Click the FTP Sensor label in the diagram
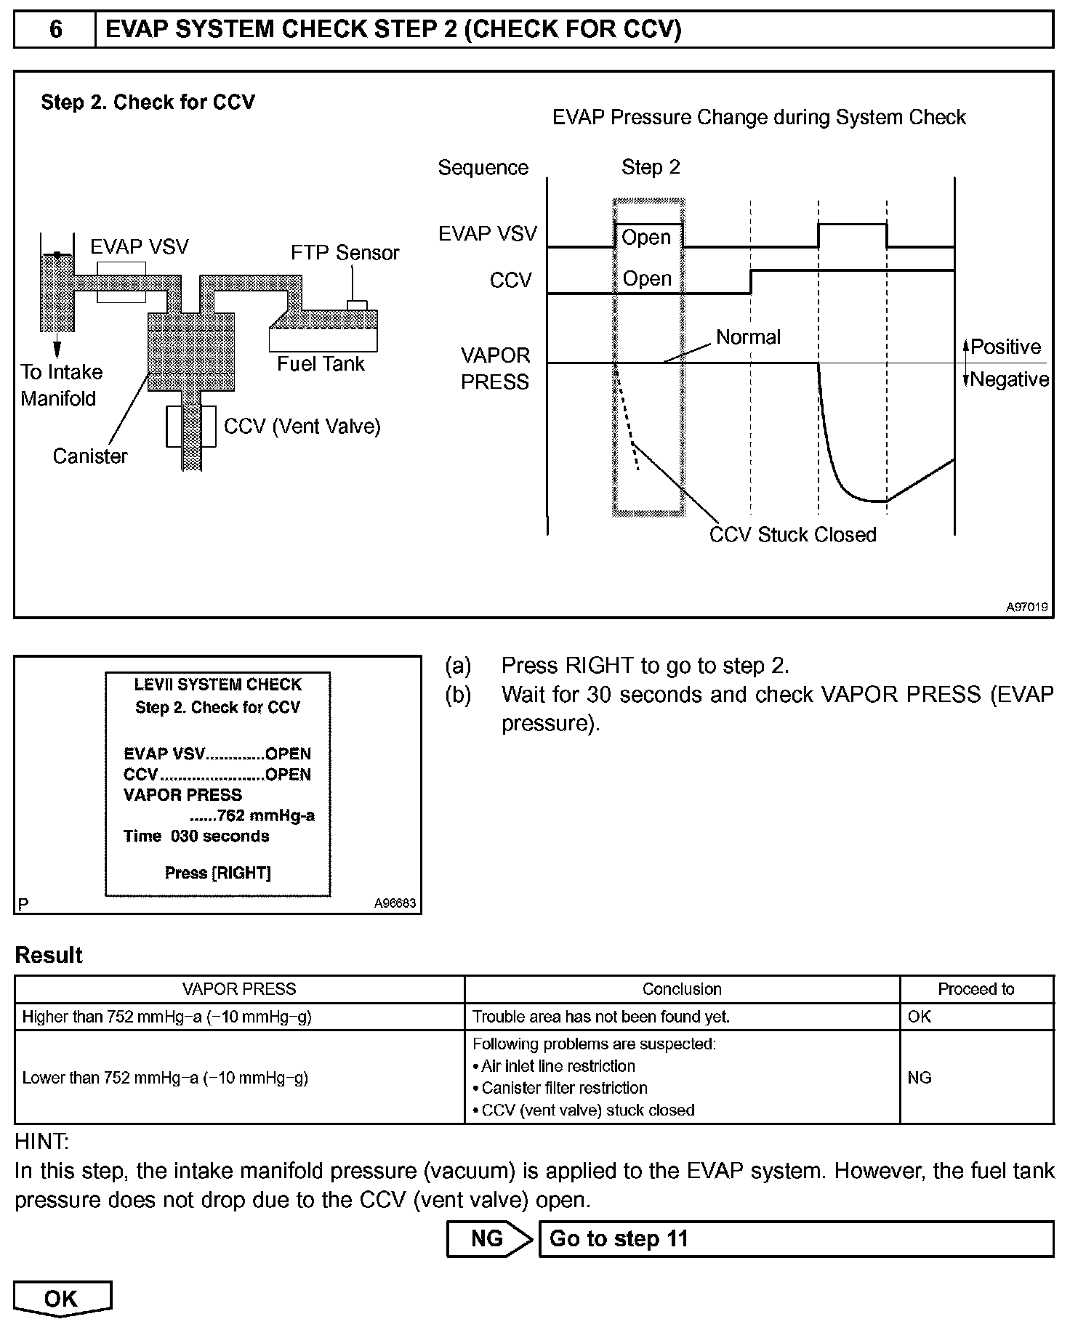tap(345, 253)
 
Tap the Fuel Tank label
tap(321, 364)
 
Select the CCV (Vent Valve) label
tap(302, 427)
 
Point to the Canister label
tap(90, 456)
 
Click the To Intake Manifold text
tap(61, 385)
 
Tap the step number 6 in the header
tap(55, 29)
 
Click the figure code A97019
tap(1026, 607)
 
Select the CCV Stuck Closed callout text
tap(792, 535)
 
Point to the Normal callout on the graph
tap(748, 337)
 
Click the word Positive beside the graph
tap(1005, 347)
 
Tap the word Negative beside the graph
tap(1009, 379)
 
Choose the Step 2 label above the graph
tap(651, 168)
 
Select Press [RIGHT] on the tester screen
tap(218, 873)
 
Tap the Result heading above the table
tap(49, 955)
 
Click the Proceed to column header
tap(976, 989)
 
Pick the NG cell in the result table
tap(920, 1078)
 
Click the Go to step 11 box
tap(795, 1239)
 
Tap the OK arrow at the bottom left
tap(62, 1299)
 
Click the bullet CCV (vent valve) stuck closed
tap(587, 1110)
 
